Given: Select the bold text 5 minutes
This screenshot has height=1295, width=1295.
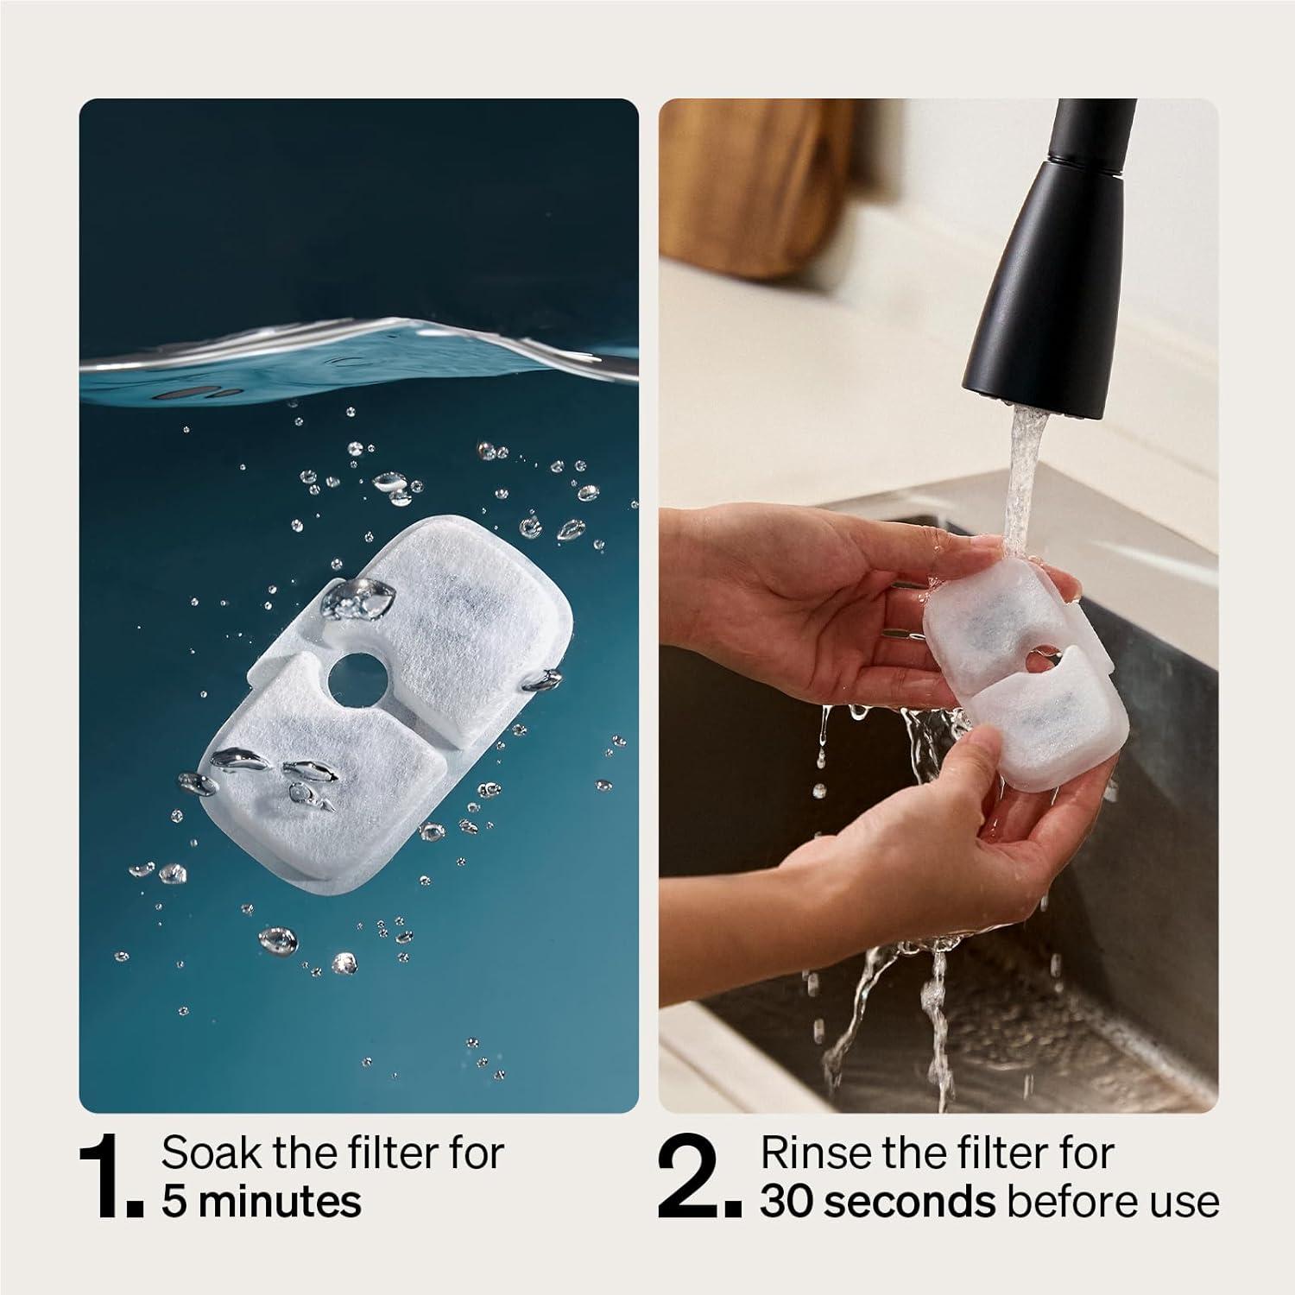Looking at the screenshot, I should point(262,1202).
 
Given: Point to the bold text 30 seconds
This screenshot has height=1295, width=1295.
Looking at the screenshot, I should point(877,1202).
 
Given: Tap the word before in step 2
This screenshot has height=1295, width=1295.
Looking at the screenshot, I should point(1076,1202).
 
